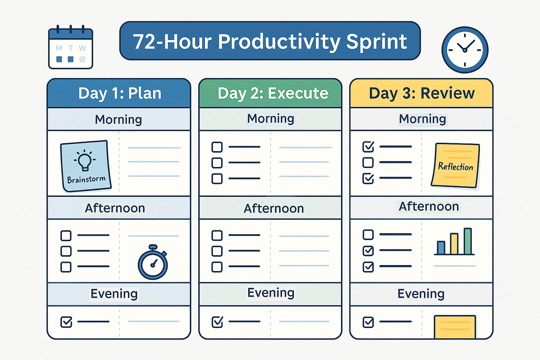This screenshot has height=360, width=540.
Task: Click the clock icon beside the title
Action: click(465, 50)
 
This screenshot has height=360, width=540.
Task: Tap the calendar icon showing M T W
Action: click(71, 47)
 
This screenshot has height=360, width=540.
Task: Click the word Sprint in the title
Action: click(377, 42)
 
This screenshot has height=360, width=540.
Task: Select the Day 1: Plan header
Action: click(119, 93)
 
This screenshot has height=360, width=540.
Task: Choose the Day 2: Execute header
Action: click(270, 93)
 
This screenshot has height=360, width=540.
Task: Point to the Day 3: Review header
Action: click(422, 93)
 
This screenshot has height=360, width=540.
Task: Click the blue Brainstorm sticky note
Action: click(86, 166)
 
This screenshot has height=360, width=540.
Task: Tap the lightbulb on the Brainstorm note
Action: click(84, 160)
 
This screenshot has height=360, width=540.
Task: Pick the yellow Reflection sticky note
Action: click(455, 166)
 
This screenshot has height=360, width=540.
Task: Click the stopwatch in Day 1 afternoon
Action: click(153, 262)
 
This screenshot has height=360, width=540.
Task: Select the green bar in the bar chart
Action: click(468, 241)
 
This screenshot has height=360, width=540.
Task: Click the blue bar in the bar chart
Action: click(441, 247)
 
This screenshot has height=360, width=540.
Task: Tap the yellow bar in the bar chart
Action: click(454, 244)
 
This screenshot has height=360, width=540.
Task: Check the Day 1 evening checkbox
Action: click(66, 322)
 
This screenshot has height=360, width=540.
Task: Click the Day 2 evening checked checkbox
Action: click(217, 322)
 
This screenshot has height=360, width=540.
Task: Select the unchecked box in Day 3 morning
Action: click(368, 162)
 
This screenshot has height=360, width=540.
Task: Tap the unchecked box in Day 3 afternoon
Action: click(368, 234)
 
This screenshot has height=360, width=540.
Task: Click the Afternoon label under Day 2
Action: click(274, 208)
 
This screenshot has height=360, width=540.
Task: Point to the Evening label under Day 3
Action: click(421, 294)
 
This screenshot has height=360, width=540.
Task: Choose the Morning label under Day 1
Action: click(118, 120)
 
